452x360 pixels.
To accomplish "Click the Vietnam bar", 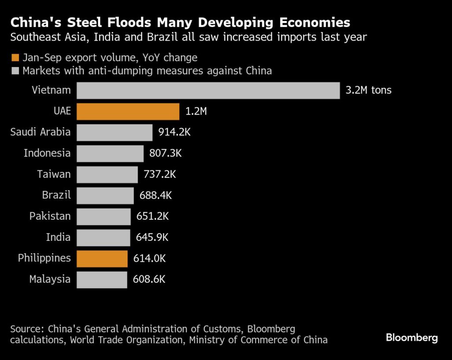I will [208, 90].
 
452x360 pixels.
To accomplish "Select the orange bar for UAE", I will [128, 112].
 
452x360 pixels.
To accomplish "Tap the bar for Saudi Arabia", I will [114, 132].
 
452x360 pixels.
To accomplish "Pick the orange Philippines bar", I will [102, 259].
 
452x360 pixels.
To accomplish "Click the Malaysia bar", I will [102, 279].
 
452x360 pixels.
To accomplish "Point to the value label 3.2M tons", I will [369, 90].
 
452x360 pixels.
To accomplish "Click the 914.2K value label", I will [174, 132].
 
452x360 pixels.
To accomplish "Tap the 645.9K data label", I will [152, 237].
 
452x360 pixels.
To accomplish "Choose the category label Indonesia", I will [47, 153].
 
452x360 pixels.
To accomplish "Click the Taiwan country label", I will [54, 174].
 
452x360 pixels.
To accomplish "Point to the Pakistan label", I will [50, 216].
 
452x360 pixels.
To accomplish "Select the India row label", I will [58, 237].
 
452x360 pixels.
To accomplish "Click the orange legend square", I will [15, 57].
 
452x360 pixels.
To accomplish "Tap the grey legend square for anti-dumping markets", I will [15, 71].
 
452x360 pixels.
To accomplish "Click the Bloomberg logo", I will [411, 338].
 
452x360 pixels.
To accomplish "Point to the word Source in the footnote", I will [26, 329].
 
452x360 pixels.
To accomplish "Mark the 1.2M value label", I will [196, 112].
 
